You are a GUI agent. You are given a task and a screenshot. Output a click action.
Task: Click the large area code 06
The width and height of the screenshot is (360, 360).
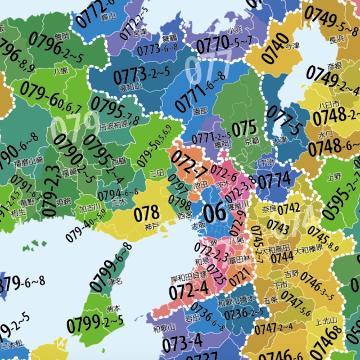tap(214, 212)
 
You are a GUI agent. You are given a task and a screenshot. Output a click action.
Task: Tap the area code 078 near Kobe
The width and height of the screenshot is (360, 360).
tap(147, 213)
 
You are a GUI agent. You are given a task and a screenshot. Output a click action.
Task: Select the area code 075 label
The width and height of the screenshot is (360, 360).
tap(244, 128)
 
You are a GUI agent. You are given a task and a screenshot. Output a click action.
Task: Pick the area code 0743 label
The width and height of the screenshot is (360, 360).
tap(278, 226)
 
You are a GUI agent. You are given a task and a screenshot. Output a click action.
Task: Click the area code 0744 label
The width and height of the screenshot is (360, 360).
tap(282, 257)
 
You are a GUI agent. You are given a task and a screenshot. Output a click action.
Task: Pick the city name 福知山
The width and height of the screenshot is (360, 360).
tap(130, 88)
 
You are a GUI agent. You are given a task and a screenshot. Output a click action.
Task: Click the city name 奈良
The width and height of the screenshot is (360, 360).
tap(269, 209)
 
